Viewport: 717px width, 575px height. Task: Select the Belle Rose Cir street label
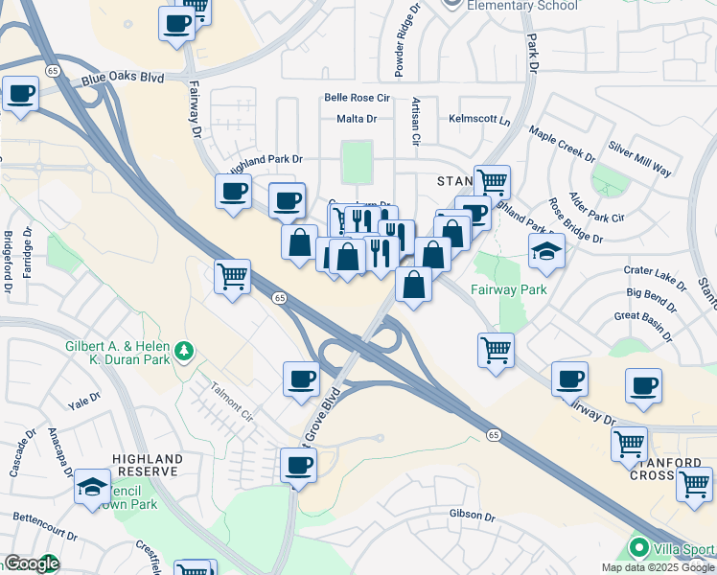pos(357,98)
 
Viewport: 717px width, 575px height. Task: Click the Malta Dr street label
pos(357,119)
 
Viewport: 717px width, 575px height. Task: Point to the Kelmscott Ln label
pos(479,119)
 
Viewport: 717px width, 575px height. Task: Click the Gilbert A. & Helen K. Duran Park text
pos(117,354)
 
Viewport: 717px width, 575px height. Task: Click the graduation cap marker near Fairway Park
pos(546,250)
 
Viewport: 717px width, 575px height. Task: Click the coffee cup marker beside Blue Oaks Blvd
pos(20,94)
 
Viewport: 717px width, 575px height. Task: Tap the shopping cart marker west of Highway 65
pos(232,277)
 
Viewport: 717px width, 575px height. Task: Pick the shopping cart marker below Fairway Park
pos(496,350)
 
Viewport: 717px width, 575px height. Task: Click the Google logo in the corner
pos(31,564)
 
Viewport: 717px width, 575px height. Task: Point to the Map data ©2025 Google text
pos(658,567)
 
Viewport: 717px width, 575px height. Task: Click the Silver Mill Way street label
pos(639,160)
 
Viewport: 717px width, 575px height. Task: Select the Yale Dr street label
pos(83,397)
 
